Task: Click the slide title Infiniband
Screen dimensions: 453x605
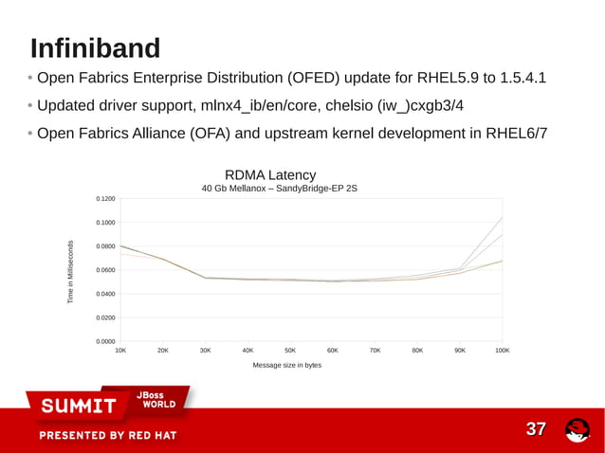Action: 95,47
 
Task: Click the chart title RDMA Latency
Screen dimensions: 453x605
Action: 270,175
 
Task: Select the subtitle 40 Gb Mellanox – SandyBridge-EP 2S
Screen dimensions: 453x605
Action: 280,189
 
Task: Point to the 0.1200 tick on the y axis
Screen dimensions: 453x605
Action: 105,199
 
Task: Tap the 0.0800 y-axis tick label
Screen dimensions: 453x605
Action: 105,246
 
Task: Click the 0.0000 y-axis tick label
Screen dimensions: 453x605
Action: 105,341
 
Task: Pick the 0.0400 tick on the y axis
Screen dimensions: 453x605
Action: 105,294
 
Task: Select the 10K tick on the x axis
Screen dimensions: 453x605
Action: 120,351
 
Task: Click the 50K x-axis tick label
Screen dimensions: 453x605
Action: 290,351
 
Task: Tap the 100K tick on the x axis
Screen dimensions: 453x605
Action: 502,351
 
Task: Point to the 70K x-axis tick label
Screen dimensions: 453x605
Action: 375,351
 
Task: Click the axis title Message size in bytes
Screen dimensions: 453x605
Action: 287,365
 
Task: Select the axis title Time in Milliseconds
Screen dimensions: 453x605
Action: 70,271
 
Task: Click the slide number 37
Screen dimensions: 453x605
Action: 536,430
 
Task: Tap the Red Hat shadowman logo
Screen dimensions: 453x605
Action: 577,430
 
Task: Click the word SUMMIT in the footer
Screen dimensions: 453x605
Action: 78,406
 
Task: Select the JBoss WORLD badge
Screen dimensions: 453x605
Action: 156,399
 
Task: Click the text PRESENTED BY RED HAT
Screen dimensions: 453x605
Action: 107,436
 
